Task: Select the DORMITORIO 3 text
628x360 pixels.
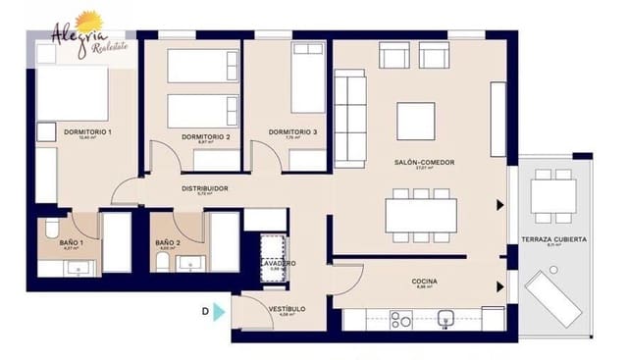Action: pyautogui.click(x=292, y=132)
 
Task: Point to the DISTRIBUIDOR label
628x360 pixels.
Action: pyautogui.click(x=205, y=188)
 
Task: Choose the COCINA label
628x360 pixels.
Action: pyautogui.click(x=424, y=282)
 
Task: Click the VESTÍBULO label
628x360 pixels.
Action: pyautogui.click(x=286, y=309)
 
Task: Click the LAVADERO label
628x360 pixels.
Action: pyautogui.click(x=278, y=264)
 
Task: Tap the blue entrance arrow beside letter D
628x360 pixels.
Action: pyautogui.click(x=219, y=311)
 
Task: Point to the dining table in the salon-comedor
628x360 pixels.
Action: pyautogui.click(x=420, y=215)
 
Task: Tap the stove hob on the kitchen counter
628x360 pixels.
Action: pyautogui.click(x=400, y=319)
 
